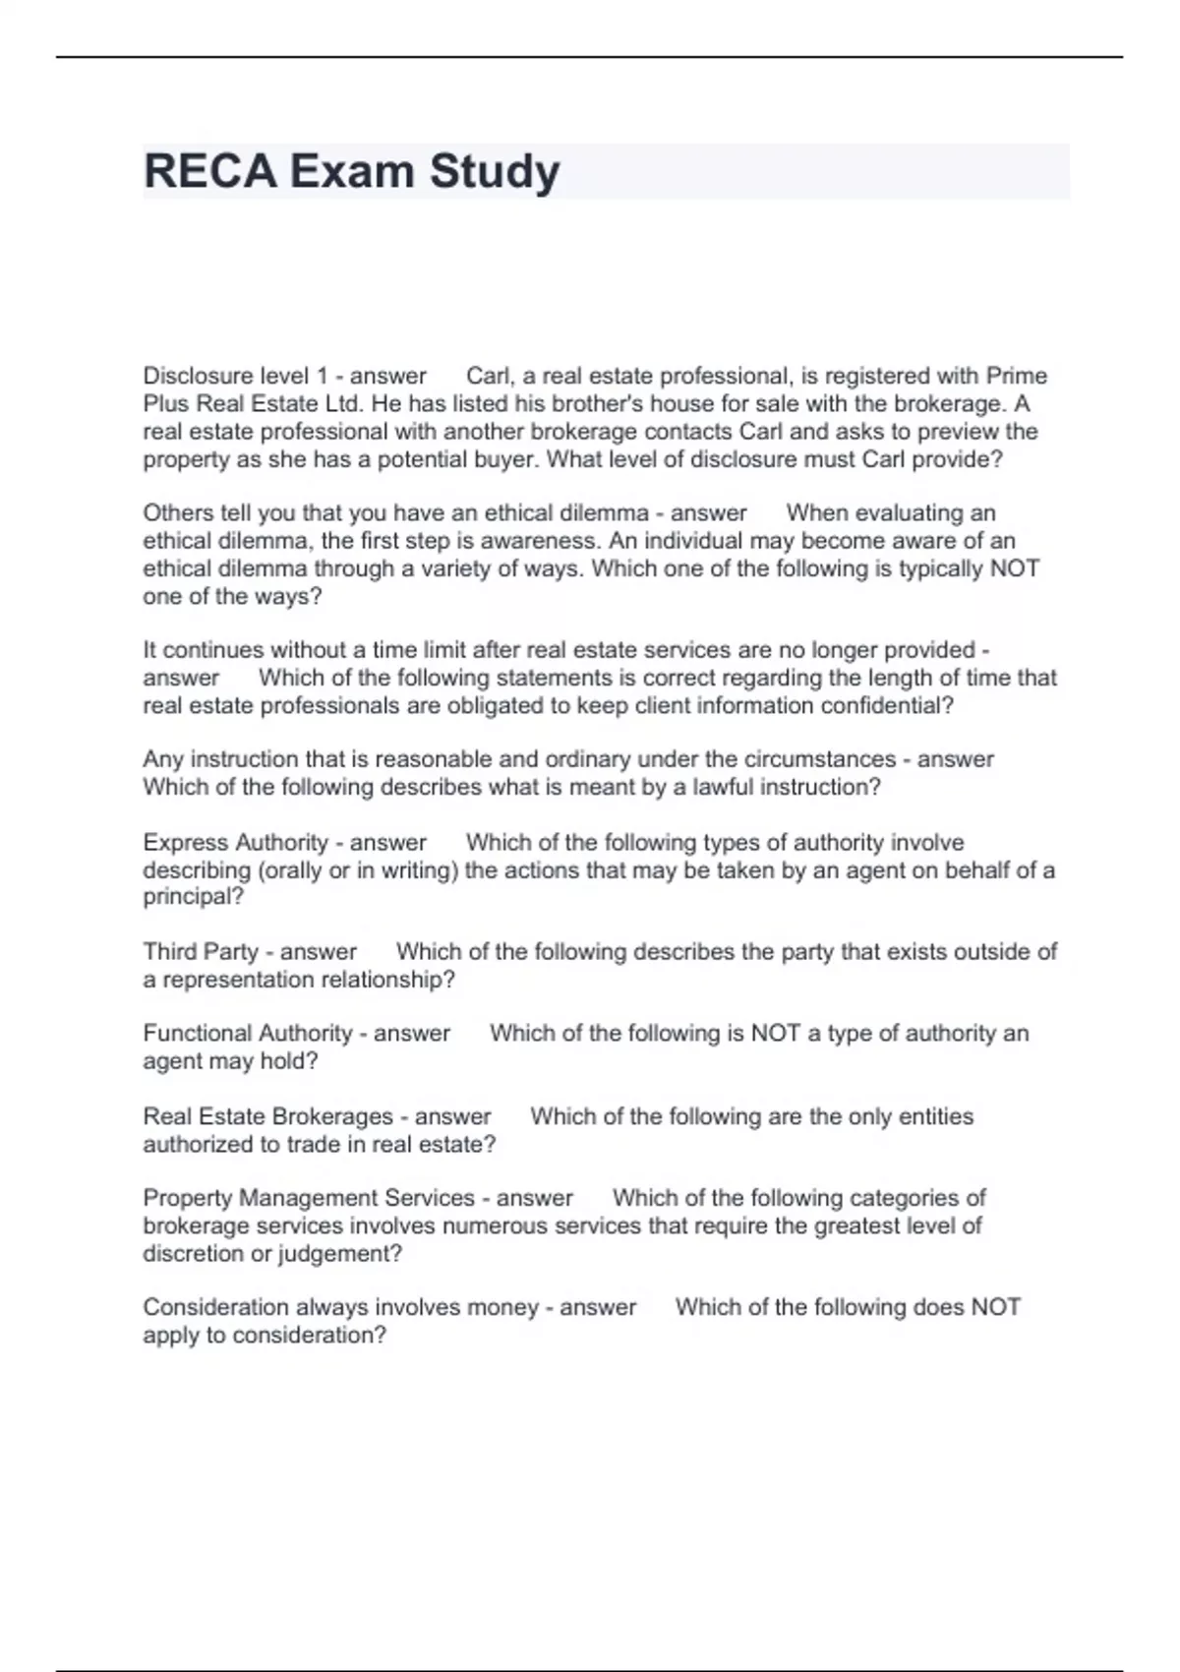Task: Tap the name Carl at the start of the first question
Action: (x=486, y=376)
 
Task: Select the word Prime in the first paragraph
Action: (x=1017, y=376)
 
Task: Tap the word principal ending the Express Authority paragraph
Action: (x=193, y=897)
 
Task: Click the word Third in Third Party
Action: (x=169, y=952)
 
